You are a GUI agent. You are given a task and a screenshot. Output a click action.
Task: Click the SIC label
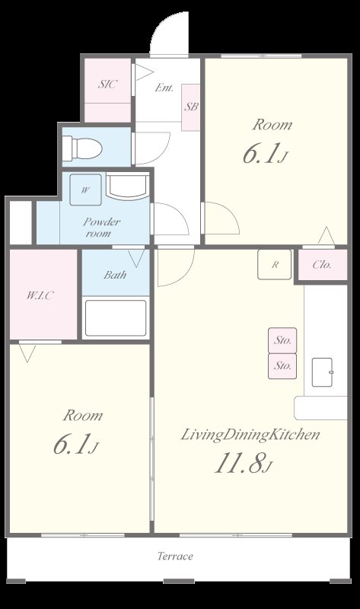[107, 84]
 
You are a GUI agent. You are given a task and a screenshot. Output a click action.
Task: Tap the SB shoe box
[191, 107]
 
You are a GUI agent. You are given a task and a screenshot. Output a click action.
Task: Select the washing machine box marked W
[85, 190]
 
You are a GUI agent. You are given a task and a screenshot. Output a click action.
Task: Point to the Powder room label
[101, 228]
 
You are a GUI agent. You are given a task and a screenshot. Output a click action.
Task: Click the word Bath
[115, 275]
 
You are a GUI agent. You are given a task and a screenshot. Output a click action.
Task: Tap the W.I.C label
[40, 295]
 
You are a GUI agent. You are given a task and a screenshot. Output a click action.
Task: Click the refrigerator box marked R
[275, 264]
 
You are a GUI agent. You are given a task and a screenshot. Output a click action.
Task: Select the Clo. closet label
[322, 265]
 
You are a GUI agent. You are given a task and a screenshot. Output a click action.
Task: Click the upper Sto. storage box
[282, 340]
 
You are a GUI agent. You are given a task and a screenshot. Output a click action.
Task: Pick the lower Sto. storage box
[282, 366]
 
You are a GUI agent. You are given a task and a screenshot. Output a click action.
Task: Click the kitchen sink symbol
[323, 372]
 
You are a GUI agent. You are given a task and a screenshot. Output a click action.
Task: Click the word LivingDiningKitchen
[250, 435]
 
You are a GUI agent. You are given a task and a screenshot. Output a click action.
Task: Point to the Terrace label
[175, 556]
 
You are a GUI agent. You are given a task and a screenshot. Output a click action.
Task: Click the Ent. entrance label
[164, 88]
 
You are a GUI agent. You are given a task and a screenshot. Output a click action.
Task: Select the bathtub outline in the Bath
[116, 318]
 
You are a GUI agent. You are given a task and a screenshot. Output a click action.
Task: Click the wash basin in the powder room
[127, 187]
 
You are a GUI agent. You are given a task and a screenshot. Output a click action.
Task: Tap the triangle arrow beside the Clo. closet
[327, 235]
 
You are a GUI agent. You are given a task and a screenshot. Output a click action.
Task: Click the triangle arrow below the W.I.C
[27, 354]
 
